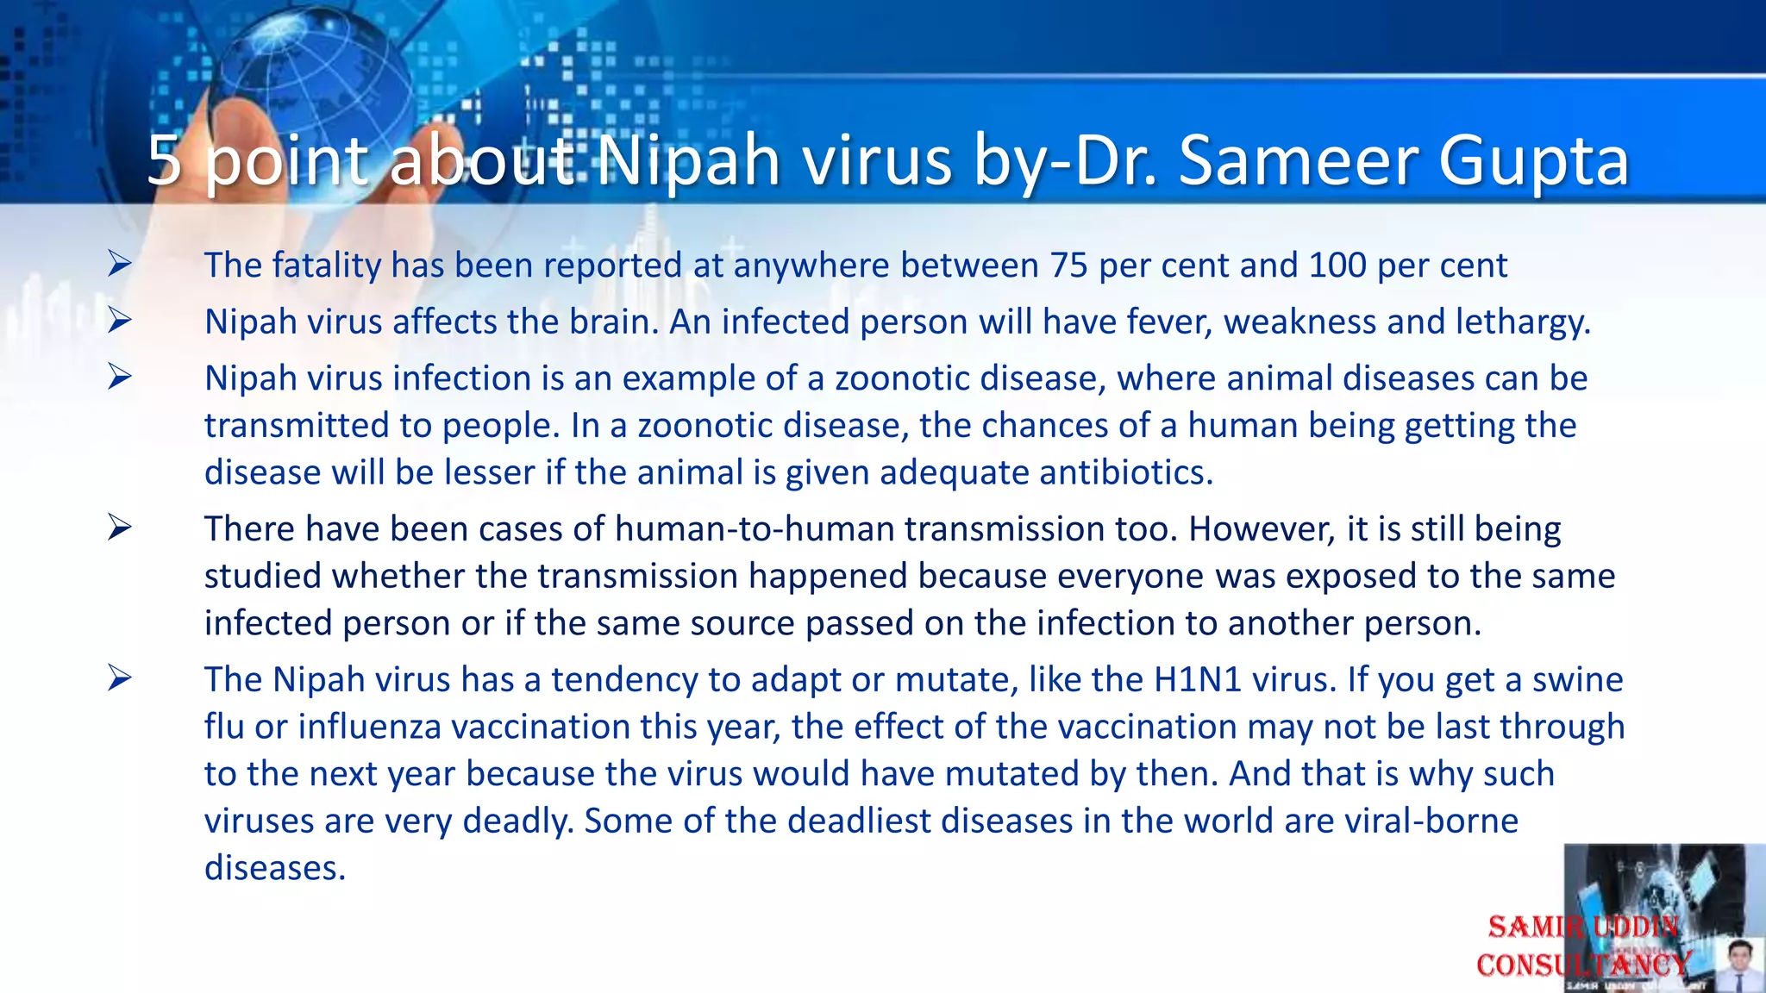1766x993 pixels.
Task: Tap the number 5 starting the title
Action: (x=164, y=161)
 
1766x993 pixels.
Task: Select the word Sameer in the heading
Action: (x=1295, y=161)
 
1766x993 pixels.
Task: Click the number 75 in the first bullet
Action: (x=1069, y=265)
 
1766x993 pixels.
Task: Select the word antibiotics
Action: (x=1125, y=472)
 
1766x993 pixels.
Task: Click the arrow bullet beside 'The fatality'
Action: (x=120, y=263)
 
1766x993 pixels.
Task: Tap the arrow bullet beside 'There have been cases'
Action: (x=120, y=527)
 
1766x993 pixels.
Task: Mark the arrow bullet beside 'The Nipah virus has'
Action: (x=120, y=678)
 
